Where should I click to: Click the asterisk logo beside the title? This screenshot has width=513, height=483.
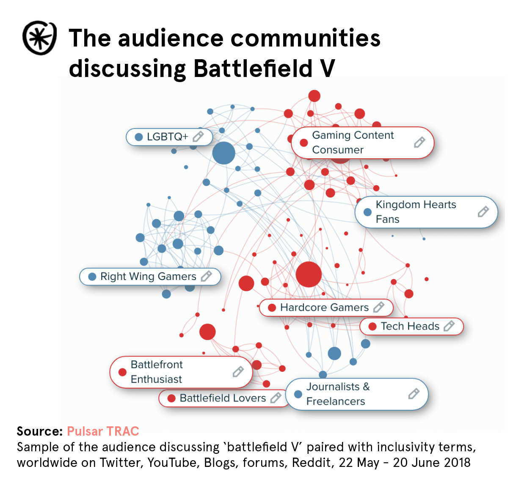coord(39,38)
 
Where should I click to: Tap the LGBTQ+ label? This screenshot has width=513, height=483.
coord(167,137)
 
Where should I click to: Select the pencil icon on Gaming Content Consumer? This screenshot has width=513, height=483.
coord(419,143)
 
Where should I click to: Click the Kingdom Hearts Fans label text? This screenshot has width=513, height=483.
coord(416,212)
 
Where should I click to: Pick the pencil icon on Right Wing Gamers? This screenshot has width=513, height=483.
coord(206,277)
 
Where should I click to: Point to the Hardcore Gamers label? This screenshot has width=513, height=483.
coord(324,307)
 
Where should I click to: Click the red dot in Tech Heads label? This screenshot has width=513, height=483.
coord(372,327)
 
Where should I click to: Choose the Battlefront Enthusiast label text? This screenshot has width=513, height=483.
coord(157,372)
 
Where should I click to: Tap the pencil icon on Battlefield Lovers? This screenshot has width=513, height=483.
coord(276,398)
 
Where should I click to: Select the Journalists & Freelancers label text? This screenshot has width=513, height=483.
coord(337,394)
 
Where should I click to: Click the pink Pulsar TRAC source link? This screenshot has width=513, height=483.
coord(103,431)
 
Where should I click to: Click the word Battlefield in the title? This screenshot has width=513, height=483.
coord(253,69)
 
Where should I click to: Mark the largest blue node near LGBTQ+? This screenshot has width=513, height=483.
coord(223,153)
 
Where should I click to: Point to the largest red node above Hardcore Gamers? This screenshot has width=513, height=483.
coord(309,274)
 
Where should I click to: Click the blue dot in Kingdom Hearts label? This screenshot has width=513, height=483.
coord(367,212)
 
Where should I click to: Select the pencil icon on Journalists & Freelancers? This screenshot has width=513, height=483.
coord(414,394)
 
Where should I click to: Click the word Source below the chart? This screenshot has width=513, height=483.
coord(39,431)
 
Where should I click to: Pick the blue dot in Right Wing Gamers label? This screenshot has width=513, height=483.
coord(92,277)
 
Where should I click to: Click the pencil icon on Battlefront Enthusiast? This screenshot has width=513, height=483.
coord(238,372)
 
